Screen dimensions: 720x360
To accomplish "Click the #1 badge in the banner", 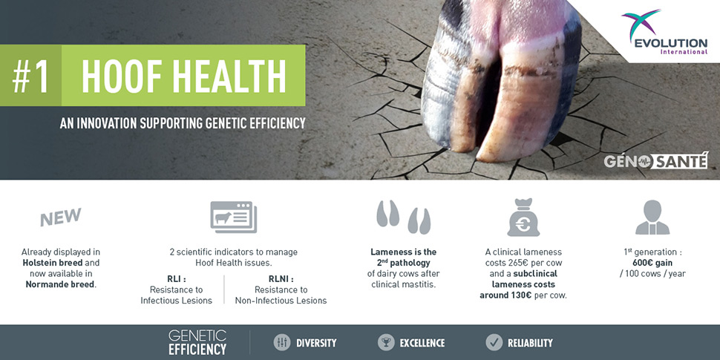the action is point(30,75).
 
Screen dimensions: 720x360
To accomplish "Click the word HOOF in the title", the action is point(123,75).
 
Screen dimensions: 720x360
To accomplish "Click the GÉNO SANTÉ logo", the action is point(656,161).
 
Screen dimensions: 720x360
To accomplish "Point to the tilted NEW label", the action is point(61,217).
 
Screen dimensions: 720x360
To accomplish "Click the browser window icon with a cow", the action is point(234,217).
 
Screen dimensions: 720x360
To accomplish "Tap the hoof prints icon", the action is point(404,217).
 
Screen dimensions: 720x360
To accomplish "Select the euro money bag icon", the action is point(523,217).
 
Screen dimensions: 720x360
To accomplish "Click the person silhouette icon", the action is point(652,217).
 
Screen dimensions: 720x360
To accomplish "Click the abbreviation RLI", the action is point(177,279).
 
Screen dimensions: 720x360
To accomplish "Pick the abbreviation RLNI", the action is point(281,279).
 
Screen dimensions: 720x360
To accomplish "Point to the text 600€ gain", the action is point(652,263).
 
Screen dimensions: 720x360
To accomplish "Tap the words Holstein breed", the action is point(53,263).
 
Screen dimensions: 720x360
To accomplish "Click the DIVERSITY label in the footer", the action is point(316,342).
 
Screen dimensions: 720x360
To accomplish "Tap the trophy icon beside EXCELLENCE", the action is point(386,342).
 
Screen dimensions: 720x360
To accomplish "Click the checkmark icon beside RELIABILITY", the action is point(494,342).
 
